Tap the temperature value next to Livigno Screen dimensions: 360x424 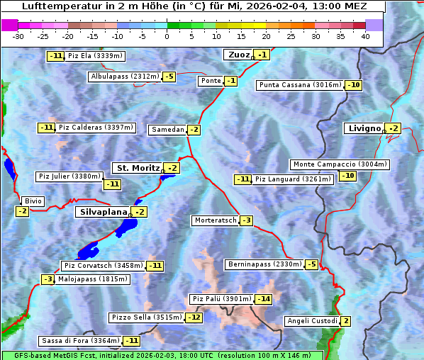(394, 128)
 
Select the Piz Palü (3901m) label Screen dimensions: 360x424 (221, 299)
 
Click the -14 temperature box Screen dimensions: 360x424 (264, 299)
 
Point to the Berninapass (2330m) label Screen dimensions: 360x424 (264, 264)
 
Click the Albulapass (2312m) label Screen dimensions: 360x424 (124, 77)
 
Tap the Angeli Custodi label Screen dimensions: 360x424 (312, 321)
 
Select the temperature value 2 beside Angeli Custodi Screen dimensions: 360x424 (345, 321)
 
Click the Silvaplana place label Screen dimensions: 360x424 (103, 212)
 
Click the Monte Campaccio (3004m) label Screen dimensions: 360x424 (340, 164)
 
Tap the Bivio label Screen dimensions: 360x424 (33, 201)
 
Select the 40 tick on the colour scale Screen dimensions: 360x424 (365, 36)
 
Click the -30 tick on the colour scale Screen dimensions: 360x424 (18, 36)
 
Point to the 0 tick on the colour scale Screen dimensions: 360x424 (167, 36)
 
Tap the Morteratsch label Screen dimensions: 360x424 (215, 220)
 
